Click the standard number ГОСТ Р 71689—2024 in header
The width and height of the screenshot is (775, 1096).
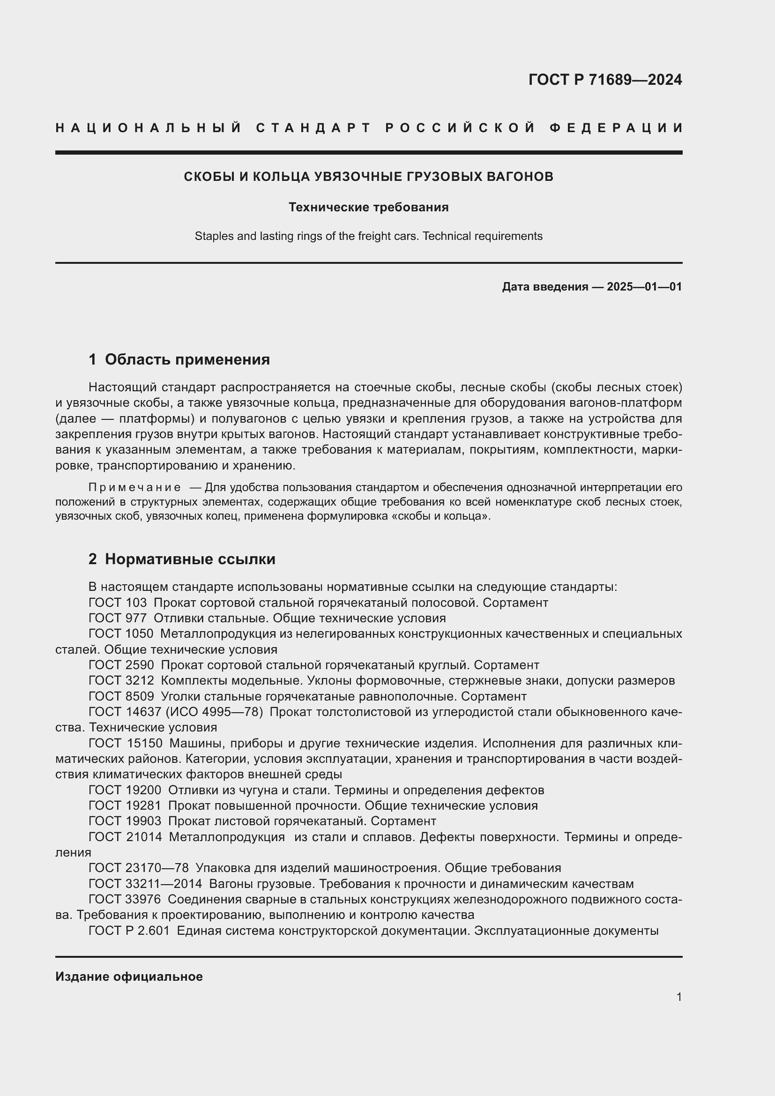tap(604, 80)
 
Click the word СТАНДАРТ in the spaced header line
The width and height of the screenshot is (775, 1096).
tap(313, 128)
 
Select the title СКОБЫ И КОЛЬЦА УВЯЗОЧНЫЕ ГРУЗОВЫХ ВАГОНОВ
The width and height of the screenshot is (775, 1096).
tap(368, 177)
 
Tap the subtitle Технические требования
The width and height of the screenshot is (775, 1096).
tap(368, 207)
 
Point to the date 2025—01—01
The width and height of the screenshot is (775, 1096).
tap(644, 287)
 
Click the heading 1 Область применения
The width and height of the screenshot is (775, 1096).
tap(179, 359)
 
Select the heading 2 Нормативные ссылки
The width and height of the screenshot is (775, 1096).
tap(182, 559)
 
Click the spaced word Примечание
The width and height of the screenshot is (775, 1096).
tap(134, 487)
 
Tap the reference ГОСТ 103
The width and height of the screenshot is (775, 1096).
tap(118, 603)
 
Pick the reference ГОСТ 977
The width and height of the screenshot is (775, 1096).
tap(118, 619)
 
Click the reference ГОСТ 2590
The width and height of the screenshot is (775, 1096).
tap(121, 665)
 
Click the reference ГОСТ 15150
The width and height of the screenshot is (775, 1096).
tap(125, 744)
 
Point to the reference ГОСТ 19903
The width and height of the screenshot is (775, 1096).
tap(125, 821)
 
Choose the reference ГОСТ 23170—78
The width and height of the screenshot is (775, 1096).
tap(138, 868)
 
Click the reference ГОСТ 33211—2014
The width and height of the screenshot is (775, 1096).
tap(145, 884)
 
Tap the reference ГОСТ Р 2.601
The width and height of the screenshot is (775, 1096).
tap(129, 931)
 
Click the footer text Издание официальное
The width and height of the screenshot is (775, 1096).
tap(129, 977)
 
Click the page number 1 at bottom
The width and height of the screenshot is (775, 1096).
tap(678, 997)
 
